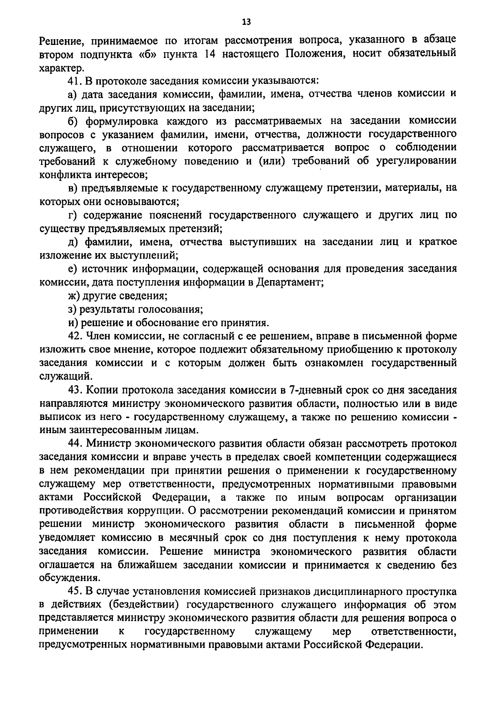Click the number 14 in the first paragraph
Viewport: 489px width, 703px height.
(x=208, y=53)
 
